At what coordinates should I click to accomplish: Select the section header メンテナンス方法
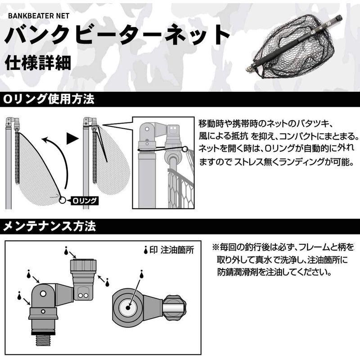coord(49,226)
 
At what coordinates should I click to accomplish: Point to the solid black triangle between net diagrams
coord(72,139)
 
